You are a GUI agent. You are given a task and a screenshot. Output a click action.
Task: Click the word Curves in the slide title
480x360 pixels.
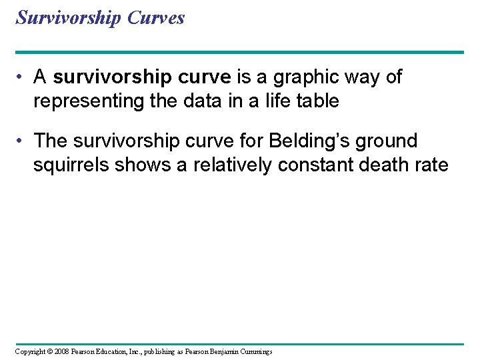click(157, 18)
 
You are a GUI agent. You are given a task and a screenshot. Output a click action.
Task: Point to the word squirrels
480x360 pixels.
click(71, 165)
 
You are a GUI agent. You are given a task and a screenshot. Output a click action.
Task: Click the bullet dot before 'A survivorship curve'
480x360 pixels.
click(21, 78)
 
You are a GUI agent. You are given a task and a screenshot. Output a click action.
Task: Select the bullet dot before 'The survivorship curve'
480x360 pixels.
click(21, 141)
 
